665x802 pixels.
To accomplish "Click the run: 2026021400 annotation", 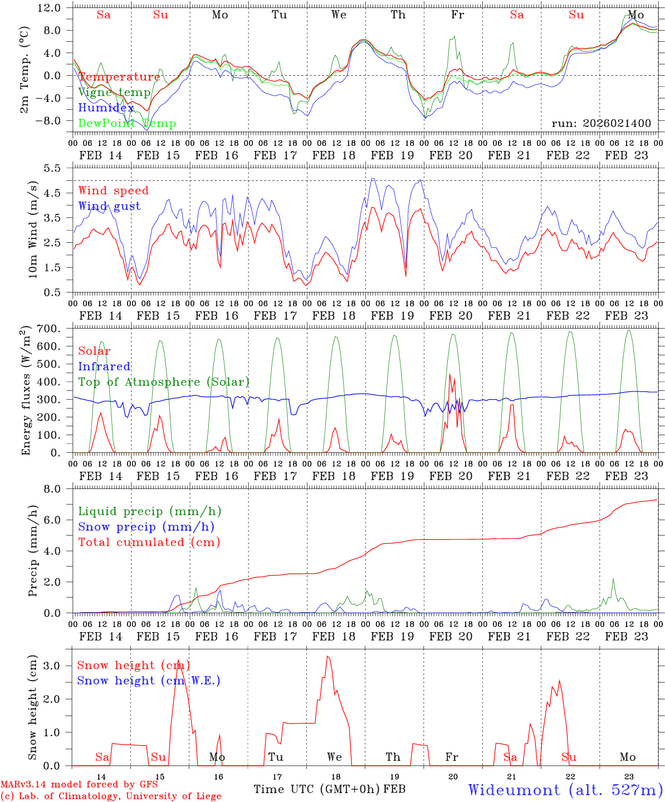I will (x=601, y=123).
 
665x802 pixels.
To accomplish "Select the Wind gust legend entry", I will (x=109, y=206).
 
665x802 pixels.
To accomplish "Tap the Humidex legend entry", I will (x=106, y=108).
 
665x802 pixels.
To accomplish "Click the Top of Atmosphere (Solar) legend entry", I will (x=164, y=382).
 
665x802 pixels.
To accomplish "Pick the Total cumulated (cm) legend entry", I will (x=149, y=542).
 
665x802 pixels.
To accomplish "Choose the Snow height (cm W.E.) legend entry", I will (x=149, y=681).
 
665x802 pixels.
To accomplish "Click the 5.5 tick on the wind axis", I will (x=58, y=168).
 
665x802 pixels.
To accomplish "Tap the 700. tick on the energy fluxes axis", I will (x=55, y=329).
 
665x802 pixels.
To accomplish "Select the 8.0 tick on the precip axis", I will (x=58, y=489).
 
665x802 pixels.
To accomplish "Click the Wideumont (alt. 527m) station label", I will (x=565, y=790).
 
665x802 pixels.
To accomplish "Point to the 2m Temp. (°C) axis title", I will (x=25, y=76).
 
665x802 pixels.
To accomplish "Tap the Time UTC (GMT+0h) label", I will (x=317, y=789).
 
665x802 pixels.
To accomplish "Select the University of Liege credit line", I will (x=111, y=796).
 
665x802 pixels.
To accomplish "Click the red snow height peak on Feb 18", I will (x=327, y=657).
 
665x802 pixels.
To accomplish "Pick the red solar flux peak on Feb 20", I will (x=450, y=374).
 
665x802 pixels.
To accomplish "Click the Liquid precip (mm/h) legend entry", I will (x=149, y=511).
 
